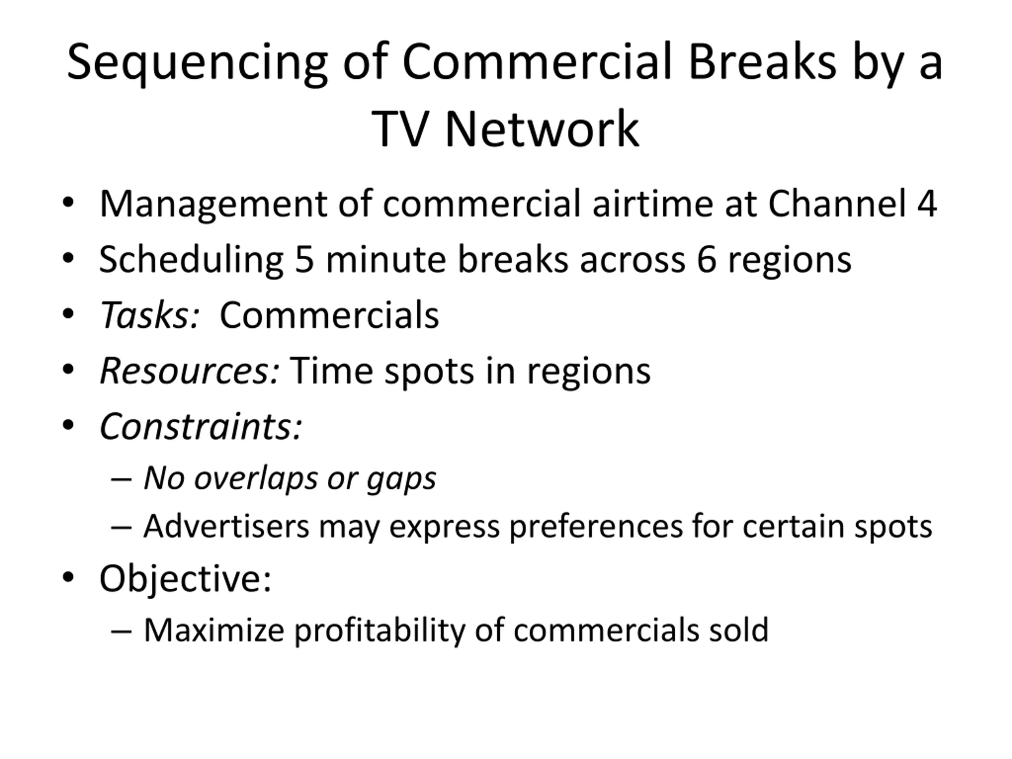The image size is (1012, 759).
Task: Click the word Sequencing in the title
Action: click(197, 64)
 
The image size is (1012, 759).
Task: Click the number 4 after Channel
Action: click(927, 203)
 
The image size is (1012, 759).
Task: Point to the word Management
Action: click(213, 205)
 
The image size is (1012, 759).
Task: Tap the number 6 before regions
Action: click(706, 259)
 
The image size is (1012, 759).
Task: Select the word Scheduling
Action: click(191, 261)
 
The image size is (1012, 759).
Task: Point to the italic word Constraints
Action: click(201, 427)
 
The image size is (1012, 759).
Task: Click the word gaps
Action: click(401, 480)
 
